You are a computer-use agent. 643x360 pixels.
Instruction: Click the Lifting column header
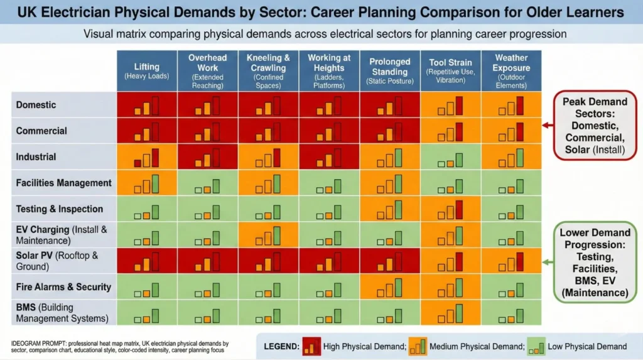point(146,70)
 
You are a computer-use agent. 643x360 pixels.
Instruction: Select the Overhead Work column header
point(207,70)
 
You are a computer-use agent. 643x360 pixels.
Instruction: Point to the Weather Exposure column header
point(511,70)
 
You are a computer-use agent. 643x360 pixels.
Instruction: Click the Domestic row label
point(36,105)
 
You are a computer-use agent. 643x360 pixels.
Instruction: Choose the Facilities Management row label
point(63,183)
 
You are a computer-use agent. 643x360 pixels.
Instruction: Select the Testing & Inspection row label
point(60,209)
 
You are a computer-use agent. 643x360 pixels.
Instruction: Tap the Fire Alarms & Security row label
point(63,287)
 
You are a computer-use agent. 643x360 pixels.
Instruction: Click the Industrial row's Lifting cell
point(146,157)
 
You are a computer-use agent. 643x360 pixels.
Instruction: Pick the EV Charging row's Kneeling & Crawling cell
point(268,235)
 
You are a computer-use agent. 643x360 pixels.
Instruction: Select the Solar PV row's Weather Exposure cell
point(511,261)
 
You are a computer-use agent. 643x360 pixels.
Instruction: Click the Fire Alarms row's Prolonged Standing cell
point(389,287)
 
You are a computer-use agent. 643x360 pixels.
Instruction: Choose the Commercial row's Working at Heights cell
point(328,131)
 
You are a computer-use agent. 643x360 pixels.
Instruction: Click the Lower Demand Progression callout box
point(594,263)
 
